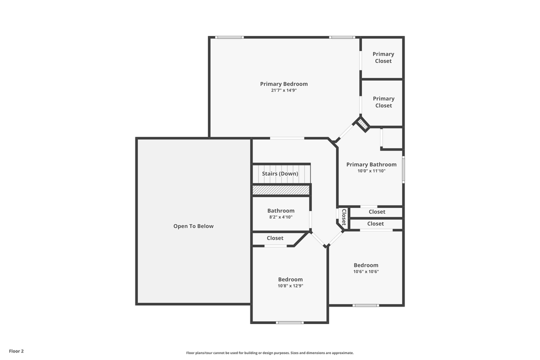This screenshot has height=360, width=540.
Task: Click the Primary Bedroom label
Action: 283,84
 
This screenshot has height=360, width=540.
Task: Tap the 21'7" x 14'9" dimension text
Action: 283,90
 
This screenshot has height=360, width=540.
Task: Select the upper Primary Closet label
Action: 383,57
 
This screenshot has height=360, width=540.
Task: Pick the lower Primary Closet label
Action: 383,102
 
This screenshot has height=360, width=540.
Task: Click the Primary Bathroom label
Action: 371,164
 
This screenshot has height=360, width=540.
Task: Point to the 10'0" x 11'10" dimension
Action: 371,171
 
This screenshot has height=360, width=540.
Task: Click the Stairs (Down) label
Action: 280,173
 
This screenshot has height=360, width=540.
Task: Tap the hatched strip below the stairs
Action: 281,190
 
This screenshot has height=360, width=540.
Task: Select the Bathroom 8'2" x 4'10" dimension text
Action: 280,217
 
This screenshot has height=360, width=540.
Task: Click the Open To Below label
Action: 193,226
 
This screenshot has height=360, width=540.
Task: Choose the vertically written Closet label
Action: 343,217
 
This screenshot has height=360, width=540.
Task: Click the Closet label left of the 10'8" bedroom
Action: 275,238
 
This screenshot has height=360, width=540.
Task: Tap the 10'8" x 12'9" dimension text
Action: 290,286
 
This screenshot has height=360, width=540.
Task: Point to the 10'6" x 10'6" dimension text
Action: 366,271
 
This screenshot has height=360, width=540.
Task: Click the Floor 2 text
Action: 16,351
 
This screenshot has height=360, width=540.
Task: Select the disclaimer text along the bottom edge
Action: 270,353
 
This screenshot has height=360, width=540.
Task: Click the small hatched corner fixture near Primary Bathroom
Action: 363,124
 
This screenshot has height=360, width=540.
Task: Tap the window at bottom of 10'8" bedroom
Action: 290,322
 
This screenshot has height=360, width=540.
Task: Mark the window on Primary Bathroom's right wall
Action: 403,170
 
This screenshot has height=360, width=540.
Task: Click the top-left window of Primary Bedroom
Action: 229,37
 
